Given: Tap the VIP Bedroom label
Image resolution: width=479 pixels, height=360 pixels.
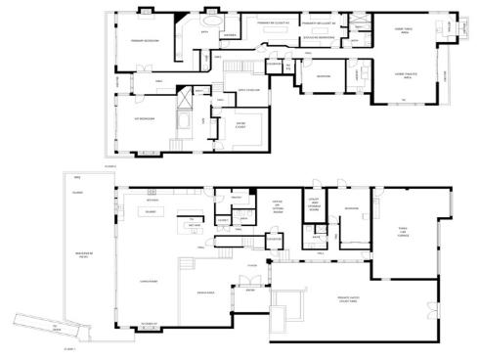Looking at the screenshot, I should click(x=146, y=117).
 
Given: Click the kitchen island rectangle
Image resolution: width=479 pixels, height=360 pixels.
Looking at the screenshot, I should click(x=152, y=210).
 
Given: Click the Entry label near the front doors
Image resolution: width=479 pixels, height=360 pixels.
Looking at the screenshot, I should click(x=249, y=291).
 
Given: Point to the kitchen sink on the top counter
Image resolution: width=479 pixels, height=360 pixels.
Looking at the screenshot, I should click(x=152, y=191).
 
